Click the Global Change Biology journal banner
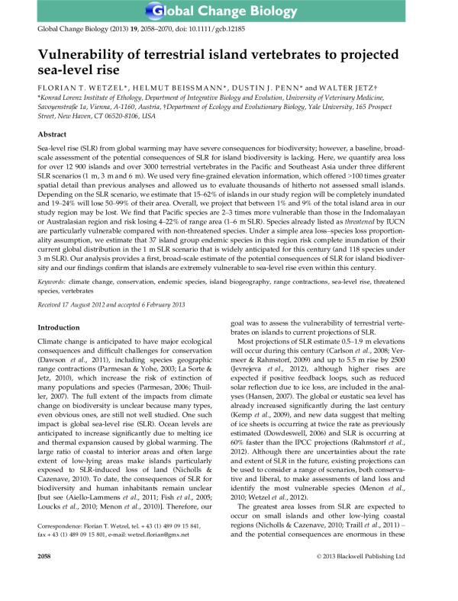(x=229, y=11)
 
